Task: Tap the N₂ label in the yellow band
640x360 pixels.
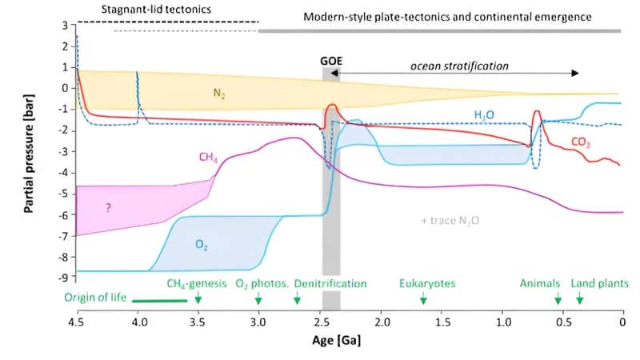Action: (218, 93)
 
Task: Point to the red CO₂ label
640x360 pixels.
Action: (581, 142)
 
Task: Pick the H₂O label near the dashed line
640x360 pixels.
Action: (484, 115)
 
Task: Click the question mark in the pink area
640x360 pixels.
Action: (106, 207)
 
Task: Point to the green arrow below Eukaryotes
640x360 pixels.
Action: (423, 298)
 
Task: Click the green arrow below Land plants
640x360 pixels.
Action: (580, 298)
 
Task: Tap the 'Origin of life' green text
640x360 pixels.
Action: (96, 299)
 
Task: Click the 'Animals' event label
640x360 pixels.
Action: (538, 283)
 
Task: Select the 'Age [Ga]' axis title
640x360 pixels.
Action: (340, 340)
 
